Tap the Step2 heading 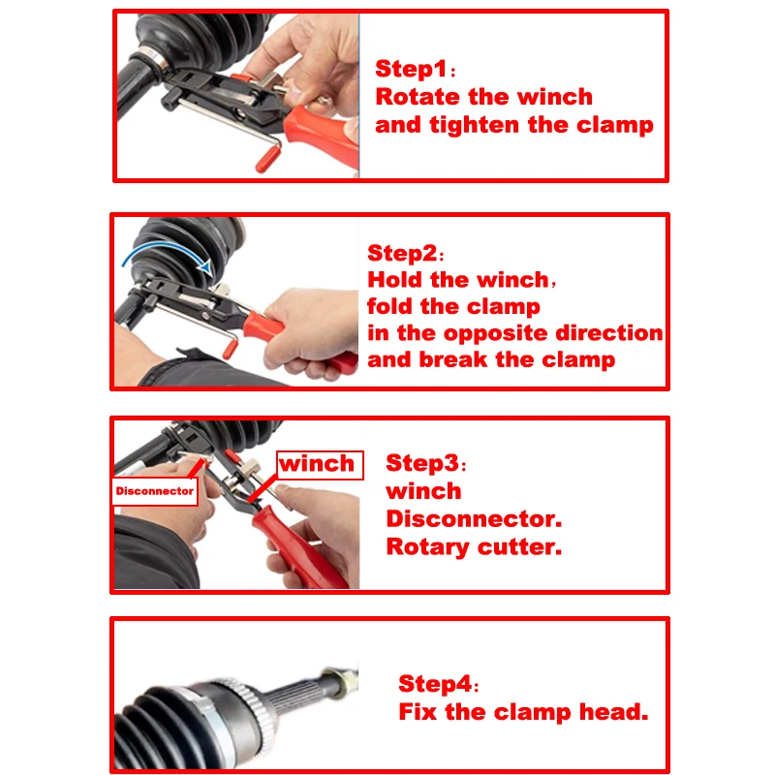click(x=403, y=254)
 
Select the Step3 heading click(x=422, y=463)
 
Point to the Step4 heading click(x=435, y=685)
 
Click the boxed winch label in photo click(x=318, y=464)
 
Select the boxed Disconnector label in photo click(x=155, y=491)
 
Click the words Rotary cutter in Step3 click(x=474, y=546)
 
